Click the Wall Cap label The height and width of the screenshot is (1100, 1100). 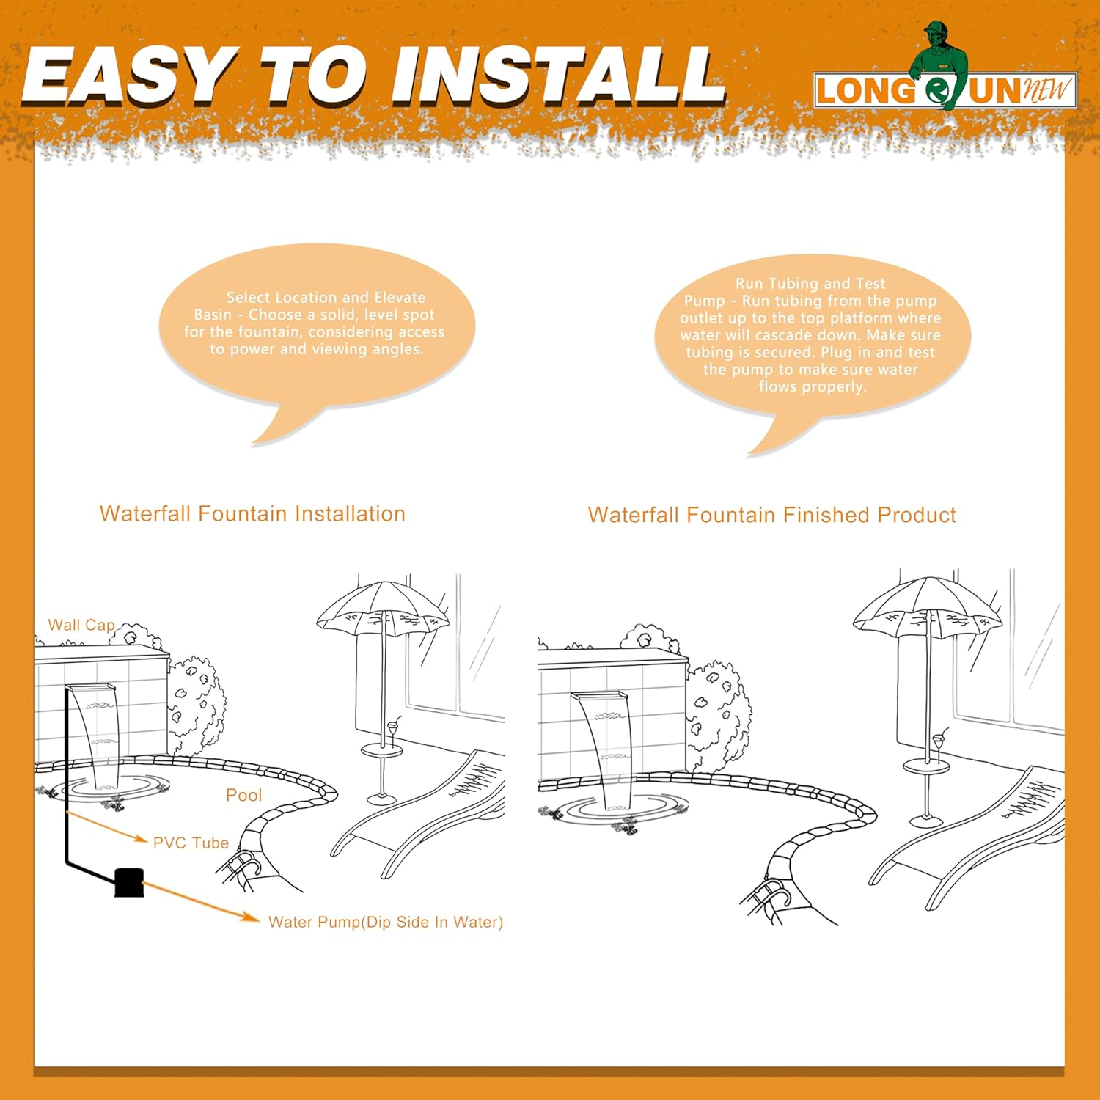pyautogui.click(x=81, y=625)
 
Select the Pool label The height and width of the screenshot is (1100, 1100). pyautogui.click(x=243, y=795)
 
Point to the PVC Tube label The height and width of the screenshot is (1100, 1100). pyautogui.click(x=191, y=843)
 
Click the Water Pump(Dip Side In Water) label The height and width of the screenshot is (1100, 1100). pyautogui.click(x=386, y=922)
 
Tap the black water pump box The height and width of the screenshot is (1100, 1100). pyautogui.click(x=129, y=882)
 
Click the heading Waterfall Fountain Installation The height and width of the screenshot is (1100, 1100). pyautogui.click(x=252, y=513)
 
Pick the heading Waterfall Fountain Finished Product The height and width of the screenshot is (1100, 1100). pyautogui.click(x=772, y=515)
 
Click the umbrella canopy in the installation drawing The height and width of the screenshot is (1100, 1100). pyautogui.click(x=382, y=609)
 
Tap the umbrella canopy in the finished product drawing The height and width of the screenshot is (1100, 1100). pyautogui.click(x=927, y=606)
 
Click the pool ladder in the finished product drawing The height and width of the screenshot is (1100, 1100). pyautogui.click(x=768, y=898)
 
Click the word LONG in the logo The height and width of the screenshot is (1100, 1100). pyautogui.click(x=866, y=91)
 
